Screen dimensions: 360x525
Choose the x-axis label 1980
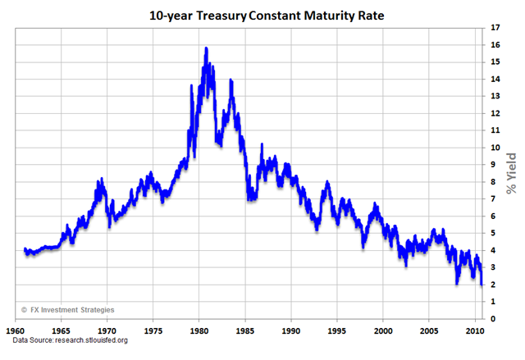click(x=198, y=330)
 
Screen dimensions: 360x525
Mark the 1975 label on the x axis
click(x=151, y=330)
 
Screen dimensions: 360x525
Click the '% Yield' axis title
click(x=512, y=173)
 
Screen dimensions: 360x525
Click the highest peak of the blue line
click(x=206, y=48)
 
